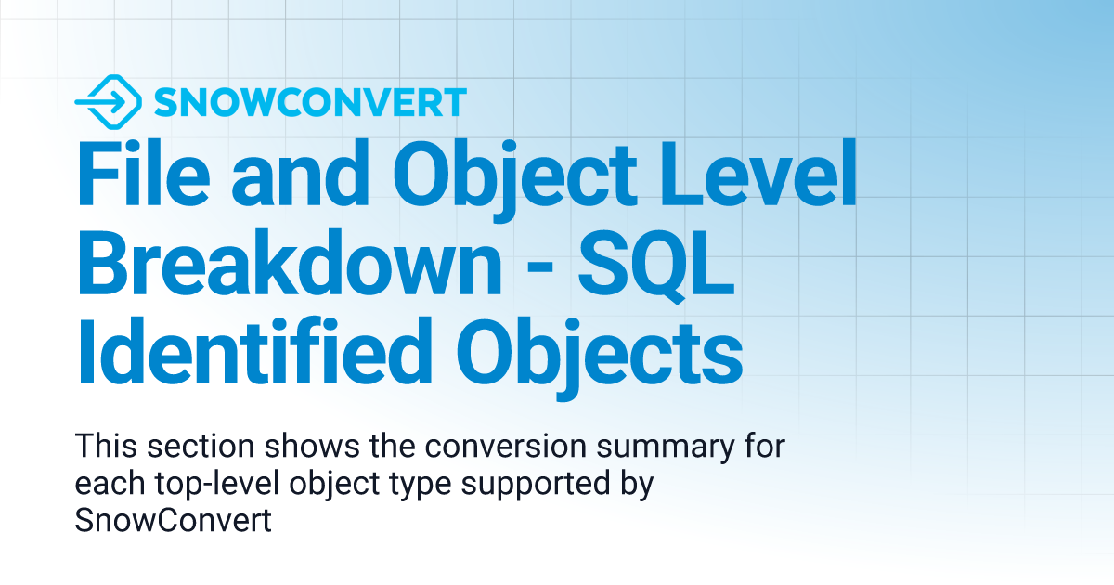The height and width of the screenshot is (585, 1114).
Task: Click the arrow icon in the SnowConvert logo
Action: (107, 101)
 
